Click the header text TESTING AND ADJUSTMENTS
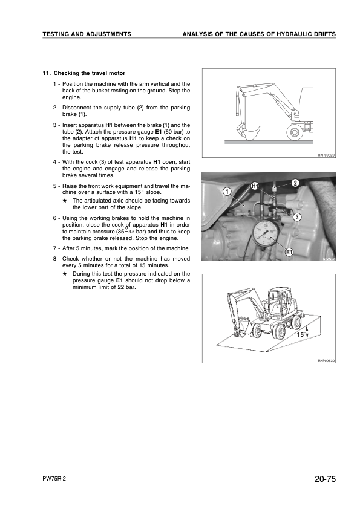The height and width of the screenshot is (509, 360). [87, 34]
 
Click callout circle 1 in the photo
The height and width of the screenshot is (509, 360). [226, 192]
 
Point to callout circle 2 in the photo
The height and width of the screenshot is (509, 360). [295, 183]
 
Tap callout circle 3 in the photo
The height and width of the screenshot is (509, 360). [297, 216]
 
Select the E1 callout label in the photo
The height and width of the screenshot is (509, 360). [289, 252]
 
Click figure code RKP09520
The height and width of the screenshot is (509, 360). [326, 155]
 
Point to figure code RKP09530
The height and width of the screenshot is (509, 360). [326, 361]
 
